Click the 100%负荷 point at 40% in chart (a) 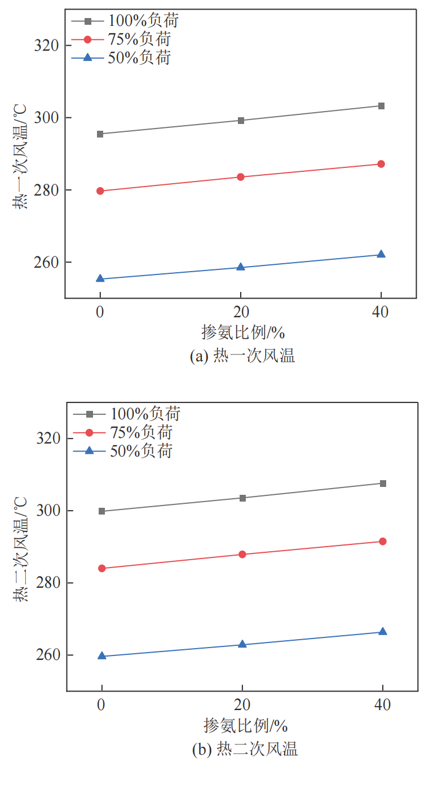click(x=381, y=106)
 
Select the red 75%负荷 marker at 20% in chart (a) click(x=241, y=177)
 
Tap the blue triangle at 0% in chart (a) click(x=100, y=278)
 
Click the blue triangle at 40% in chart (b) click(x=383, y=632)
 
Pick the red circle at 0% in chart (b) click(x=102, y=568)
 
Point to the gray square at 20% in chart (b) click(x=242, y=498)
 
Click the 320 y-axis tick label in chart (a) click(x=46, y=46)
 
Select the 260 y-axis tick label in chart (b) click(x=47, y=655)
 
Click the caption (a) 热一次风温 click(x=243, y=356)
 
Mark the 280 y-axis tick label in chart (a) click(x=46, y=190)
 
